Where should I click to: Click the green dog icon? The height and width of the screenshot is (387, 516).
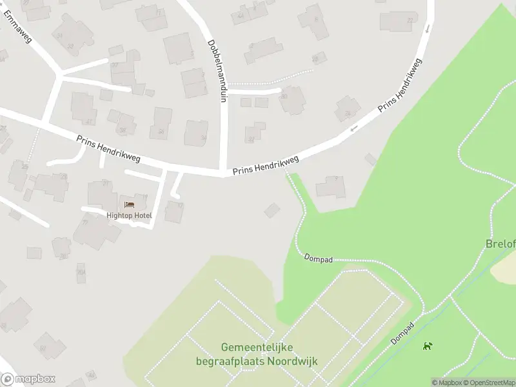pyautogui.click(x=427, y=346)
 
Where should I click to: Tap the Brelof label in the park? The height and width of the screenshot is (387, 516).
pyautogui.click(x=500, y=244)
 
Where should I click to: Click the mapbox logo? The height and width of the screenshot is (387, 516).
pyautogui.click(x=28, y=379)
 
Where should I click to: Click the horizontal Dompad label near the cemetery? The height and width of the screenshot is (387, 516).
pyautogui.click(x=319, y=259)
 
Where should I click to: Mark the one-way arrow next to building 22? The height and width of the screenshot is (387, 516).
pyautogui.click(x=427, y=29)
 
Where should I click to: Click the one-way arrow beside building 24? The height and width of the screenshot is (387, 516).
pyautogui.click(x=353, y=129)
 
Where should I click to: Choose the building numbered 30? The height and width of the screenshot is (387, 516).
pyautogui.click(x=293, y=100)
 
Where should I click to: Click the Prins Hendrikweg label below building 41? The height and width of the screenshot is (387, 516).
pyautogui.click(x=108, y=148)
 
